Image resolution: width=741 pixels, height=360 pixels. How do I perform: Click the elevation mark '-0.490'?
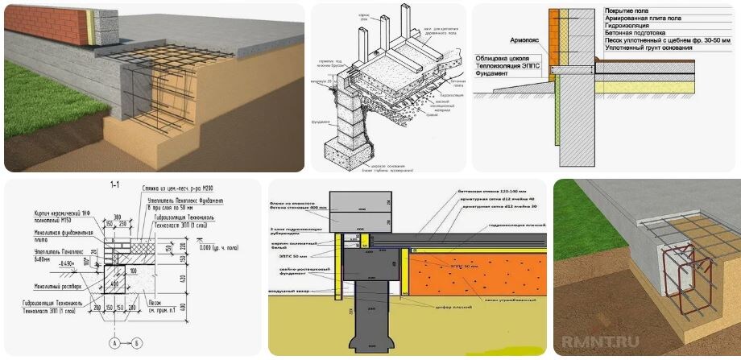click(x=64, y=263)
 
